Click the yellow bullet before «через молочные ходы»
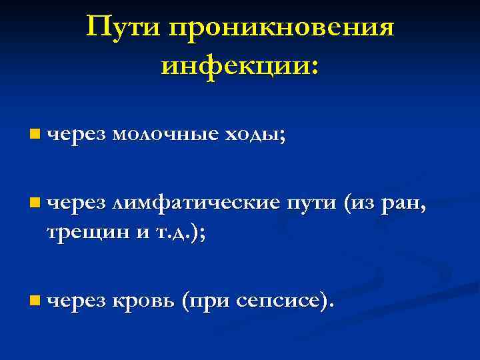coord(34,135)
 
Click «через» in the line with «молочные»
coord(76,135)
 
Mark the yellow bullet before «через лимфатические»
coord(34,200)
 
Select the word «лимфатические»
coord(195,200)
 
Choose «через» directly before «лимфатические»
coord(76,201)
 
